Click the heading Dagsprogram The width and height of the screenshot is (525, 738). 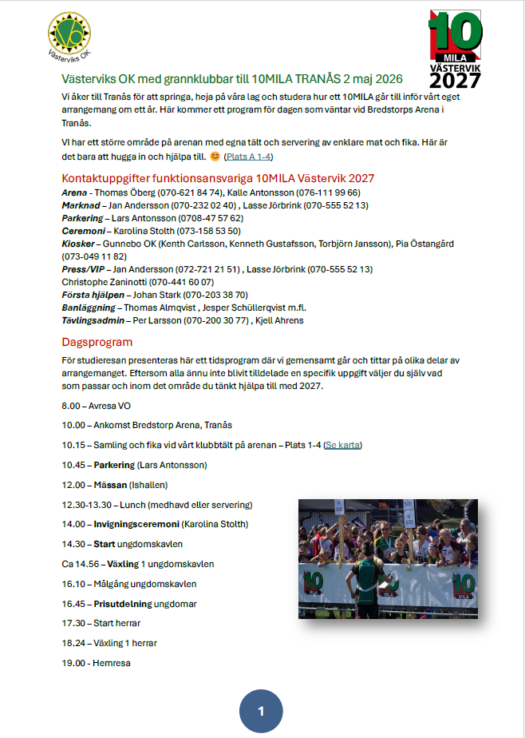pyautogui.click(x=97, y=342)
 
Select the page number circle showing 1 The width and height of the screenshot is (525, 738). pyautogui.click(x=261, y=711)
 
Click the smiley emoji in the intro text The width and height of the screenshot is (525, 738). pyautogui.click(x=215, y=157)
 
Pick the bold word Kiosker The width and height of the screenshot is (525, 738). pyautogui.click(x=79, y=244)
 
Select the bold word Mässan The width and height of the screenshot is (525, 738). pyautogui.click(x=111, y=485)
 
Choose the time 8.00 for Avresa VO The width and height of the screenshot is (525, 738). pyautogui.click(x=71, y=406)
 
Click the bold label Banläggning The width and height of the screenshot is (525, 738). pyautogui.click(x=89, y=307)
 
